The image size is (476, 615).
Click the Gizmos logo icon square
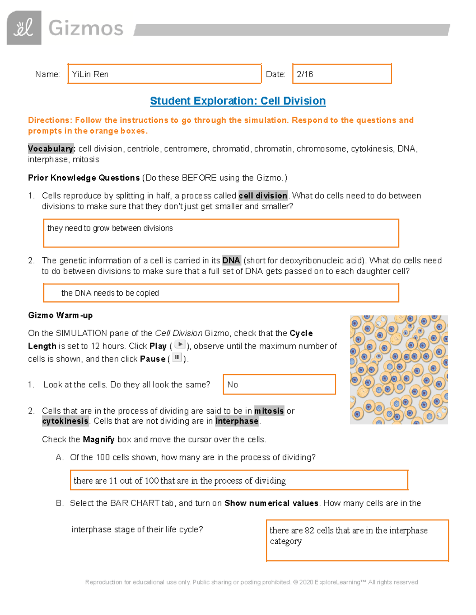(24, 28)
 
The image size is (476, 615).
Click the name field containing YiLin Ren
(164, 74)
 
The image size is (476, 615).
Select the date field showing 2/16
(342, 74)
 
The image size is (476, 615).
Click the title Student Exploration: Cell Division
(238, 101)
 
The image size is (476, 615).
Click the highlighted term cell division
(263, 196)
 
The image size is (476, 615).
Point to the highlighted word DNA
(231, 261)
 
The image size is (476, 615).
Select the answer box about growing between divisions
(221, 233)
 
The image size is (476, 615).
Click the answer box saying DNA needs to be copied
(221, 293)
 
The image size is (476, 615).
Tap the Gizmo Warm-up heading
(60, 316)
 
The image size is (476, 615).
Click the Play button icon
(180, 345)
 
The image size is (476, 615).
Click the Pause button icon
(177, 358)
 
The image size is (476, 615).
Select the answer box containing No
(279, 385)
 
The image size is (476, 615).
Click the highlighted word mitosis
(269, 411)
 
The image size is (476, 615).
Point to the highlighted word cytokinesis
(65, 421)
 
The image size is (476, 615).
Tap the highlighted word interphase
(237, 421)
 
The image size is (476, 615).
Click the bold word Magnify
(98, 440)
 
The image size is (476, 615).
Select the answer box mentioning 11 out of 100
(239, 480)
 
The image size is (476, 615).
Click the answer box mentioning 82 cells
(357, 541)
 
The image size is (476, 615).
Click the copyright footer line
(251, 582)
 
